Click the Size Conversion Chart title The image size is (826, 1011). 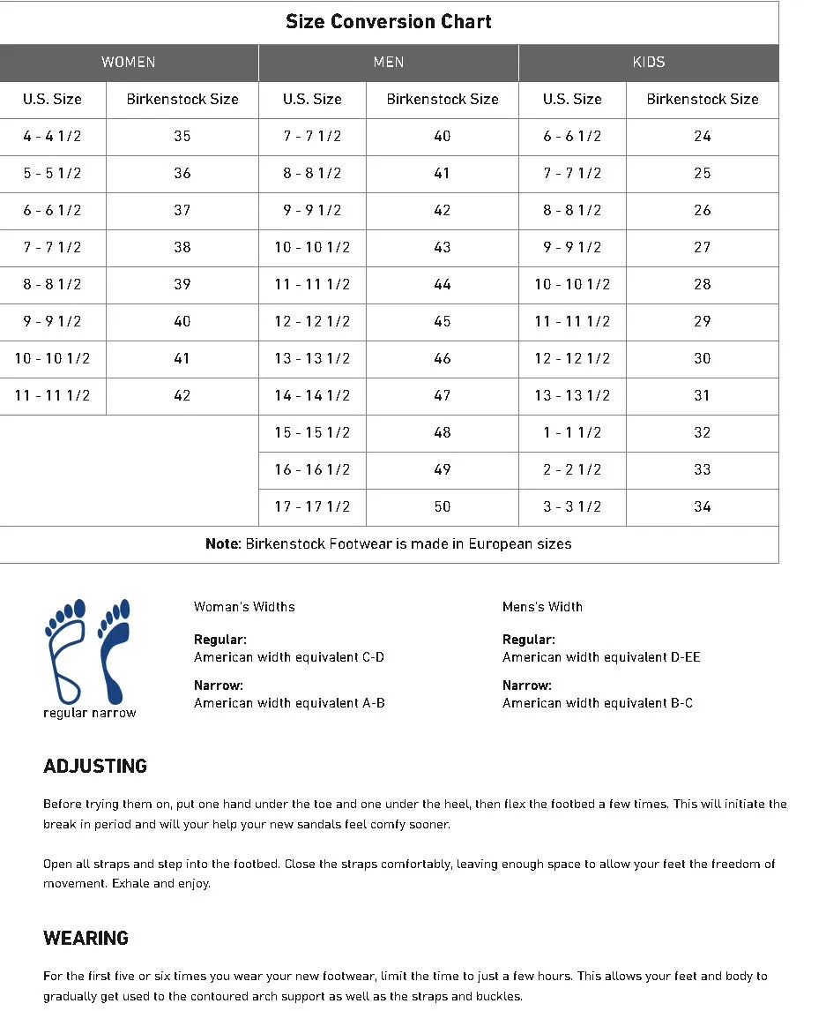389,22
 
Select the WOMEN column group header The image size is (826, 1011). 129,63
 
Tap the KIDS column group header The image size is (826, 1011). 649,63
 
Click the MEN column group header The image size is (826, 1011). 389,63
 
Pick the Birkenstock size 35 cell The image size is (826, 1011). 182,137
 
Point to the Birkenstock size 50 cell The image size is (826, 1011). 443,507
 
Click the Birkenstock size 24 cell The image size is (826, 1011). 703,137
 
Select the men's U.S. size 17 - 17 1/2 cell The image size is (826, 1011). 312,507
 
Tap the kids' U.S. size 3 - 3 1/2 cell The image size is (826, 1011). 572,507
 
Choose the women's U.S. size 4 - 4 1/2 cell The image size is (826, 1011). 53,137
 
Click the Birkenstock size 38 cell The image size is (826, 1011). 182,248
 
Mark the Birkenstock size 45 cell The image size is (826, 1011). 443,322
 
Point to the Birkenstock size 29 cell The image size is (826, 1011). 703,322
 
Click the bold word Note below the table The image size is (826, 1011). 221,544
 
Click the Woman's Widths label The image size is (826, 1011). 244,607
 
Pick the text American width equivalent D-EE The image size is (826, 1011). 601,657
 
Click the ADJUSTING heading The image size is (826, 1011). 95,767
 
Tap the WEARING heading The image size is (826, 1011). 86,939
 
